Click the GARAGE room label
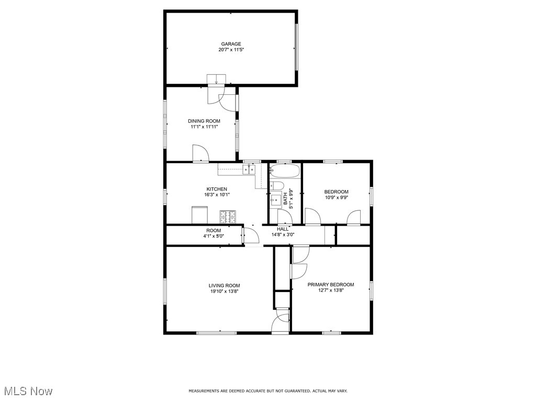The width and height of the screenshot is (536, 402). [x=231, y=44]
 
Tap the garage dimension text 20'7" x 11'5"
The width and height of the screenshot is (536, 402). [x=231, y=50]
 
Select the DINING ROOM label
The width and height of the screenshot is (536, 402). [x=204, y=121]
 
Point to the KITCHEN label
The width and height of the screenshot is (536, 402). [x=217, y=189]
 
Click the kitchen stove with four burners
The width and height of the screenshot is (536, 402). [x=228, y=215]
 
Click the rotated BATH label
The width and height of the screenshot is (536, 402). [x=285, y=199]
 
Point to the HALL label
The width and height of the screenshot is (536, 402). [x=283, y=229]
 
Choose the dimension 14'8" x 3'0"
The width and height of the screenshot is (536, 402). [x=283, y=235]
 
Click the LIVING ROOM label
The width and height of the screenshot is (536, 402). [x=225, y=286]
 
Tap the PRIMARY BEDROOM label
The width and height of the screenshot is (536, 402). [x=330, y=285]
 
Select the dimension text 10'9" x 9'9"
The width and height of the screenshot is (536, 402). [x=336, y=198]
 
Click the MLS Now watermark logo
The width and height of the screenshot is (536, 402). [x=28, y=391]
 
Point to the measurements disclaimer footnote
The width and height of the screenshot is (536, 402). [x=267, y=391]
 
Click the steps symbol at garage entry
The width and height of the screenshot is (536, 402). [x=216, y=80]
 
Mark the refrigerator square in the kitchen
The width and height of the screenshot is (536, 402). [x=199, y=215]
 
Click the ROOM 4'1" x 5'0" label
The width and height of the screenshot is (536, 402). [x=213, y=233]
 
